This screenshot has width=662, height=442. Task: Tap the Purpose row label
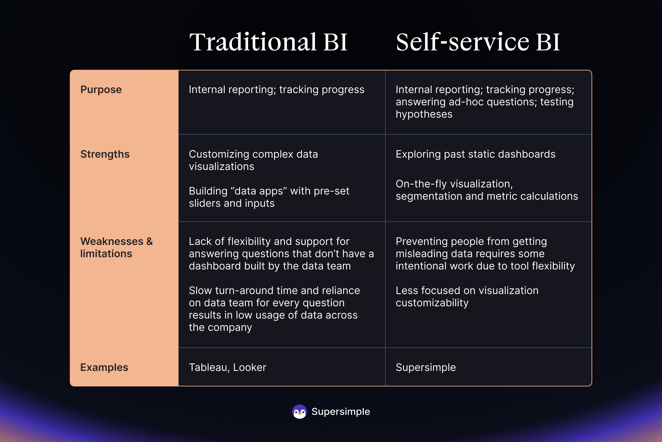click(x=101, y=90)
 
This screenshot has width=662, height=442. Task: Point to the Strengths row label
click(x=105, y=154)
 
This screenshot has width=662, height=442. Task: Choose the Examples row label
click(x=104, y=367)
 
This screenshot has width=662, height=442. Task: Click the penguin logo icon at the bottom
click(x=299, y=412)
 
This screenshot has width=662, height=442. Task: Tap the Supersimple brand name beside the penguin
click(x=341, y=412)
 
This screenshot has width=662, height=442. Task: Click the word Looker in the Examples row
click(x=250, y=367)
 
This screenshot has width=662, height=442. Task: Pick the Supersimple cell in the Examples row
click(x=426, y=368)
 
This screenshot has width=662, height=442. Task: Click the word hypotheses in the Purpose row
click(x=424, y=114)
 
